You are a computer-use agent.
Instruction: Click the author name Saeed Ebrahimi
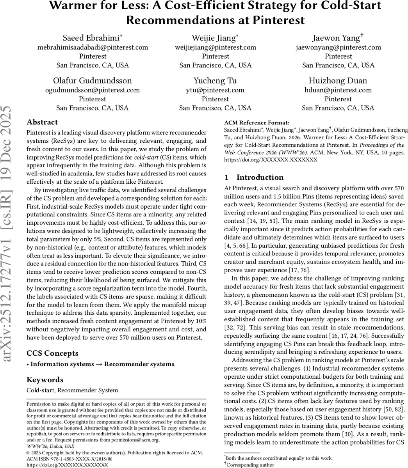[93, 38]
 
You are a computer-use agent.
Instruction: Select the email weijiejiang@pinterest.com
[215, 47]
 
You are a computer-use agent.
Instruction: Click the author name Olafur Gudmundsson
[93, 81]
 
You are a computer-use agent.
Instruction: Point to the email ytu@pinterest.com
[215, 90]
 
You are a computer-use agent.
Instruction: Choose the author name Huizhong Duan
[338, 81]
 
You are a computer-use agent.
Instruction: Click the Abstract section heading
[42, 122]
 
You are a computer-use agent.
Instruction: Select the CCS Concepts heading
[52, 353]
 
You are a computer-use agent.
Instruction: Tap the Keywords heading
[45, 380]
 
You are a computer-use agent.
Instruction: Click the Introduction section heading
[255, 177]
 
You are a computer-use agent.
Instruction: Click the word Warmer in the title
[80, 6]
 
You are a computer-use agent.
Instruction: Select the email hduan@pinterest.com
[338, 90]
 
